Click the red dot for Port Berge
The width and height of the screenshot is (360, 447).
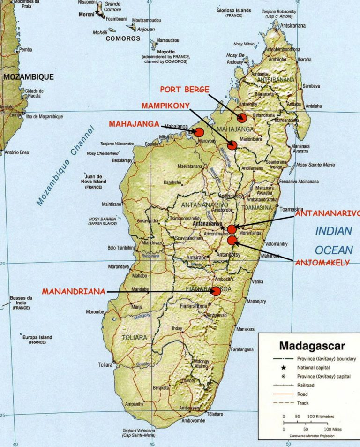coord(242,118)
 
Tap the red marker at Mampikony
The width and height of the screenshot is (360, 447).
coord(232,145)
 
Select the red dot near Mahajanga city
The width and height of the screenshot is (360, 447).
coord(199,132)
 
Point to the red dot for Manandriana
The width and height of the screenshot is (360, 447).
coord(216,291)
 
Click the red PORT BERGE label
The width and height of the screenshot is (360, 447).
coord(184,89)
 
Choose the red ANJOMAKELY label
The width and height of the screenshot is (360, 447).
coord(322,263)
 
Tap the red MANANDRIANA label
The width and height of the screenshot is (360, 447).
coord(74,291)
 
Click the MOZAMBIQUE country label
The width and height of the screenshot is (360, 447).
coord(28,76)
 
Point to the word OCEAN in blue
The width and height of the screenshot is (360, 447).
coord(332,250)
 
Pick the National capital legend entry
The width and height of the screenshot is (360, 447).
coord(314,368)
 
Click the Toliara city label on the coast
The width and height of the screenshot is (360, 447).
coord(105,364)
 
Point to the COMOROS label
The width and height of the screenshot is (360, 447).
coord(123,39)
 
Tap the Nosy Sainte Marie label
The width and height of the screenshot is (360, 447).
coord(315,165)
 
